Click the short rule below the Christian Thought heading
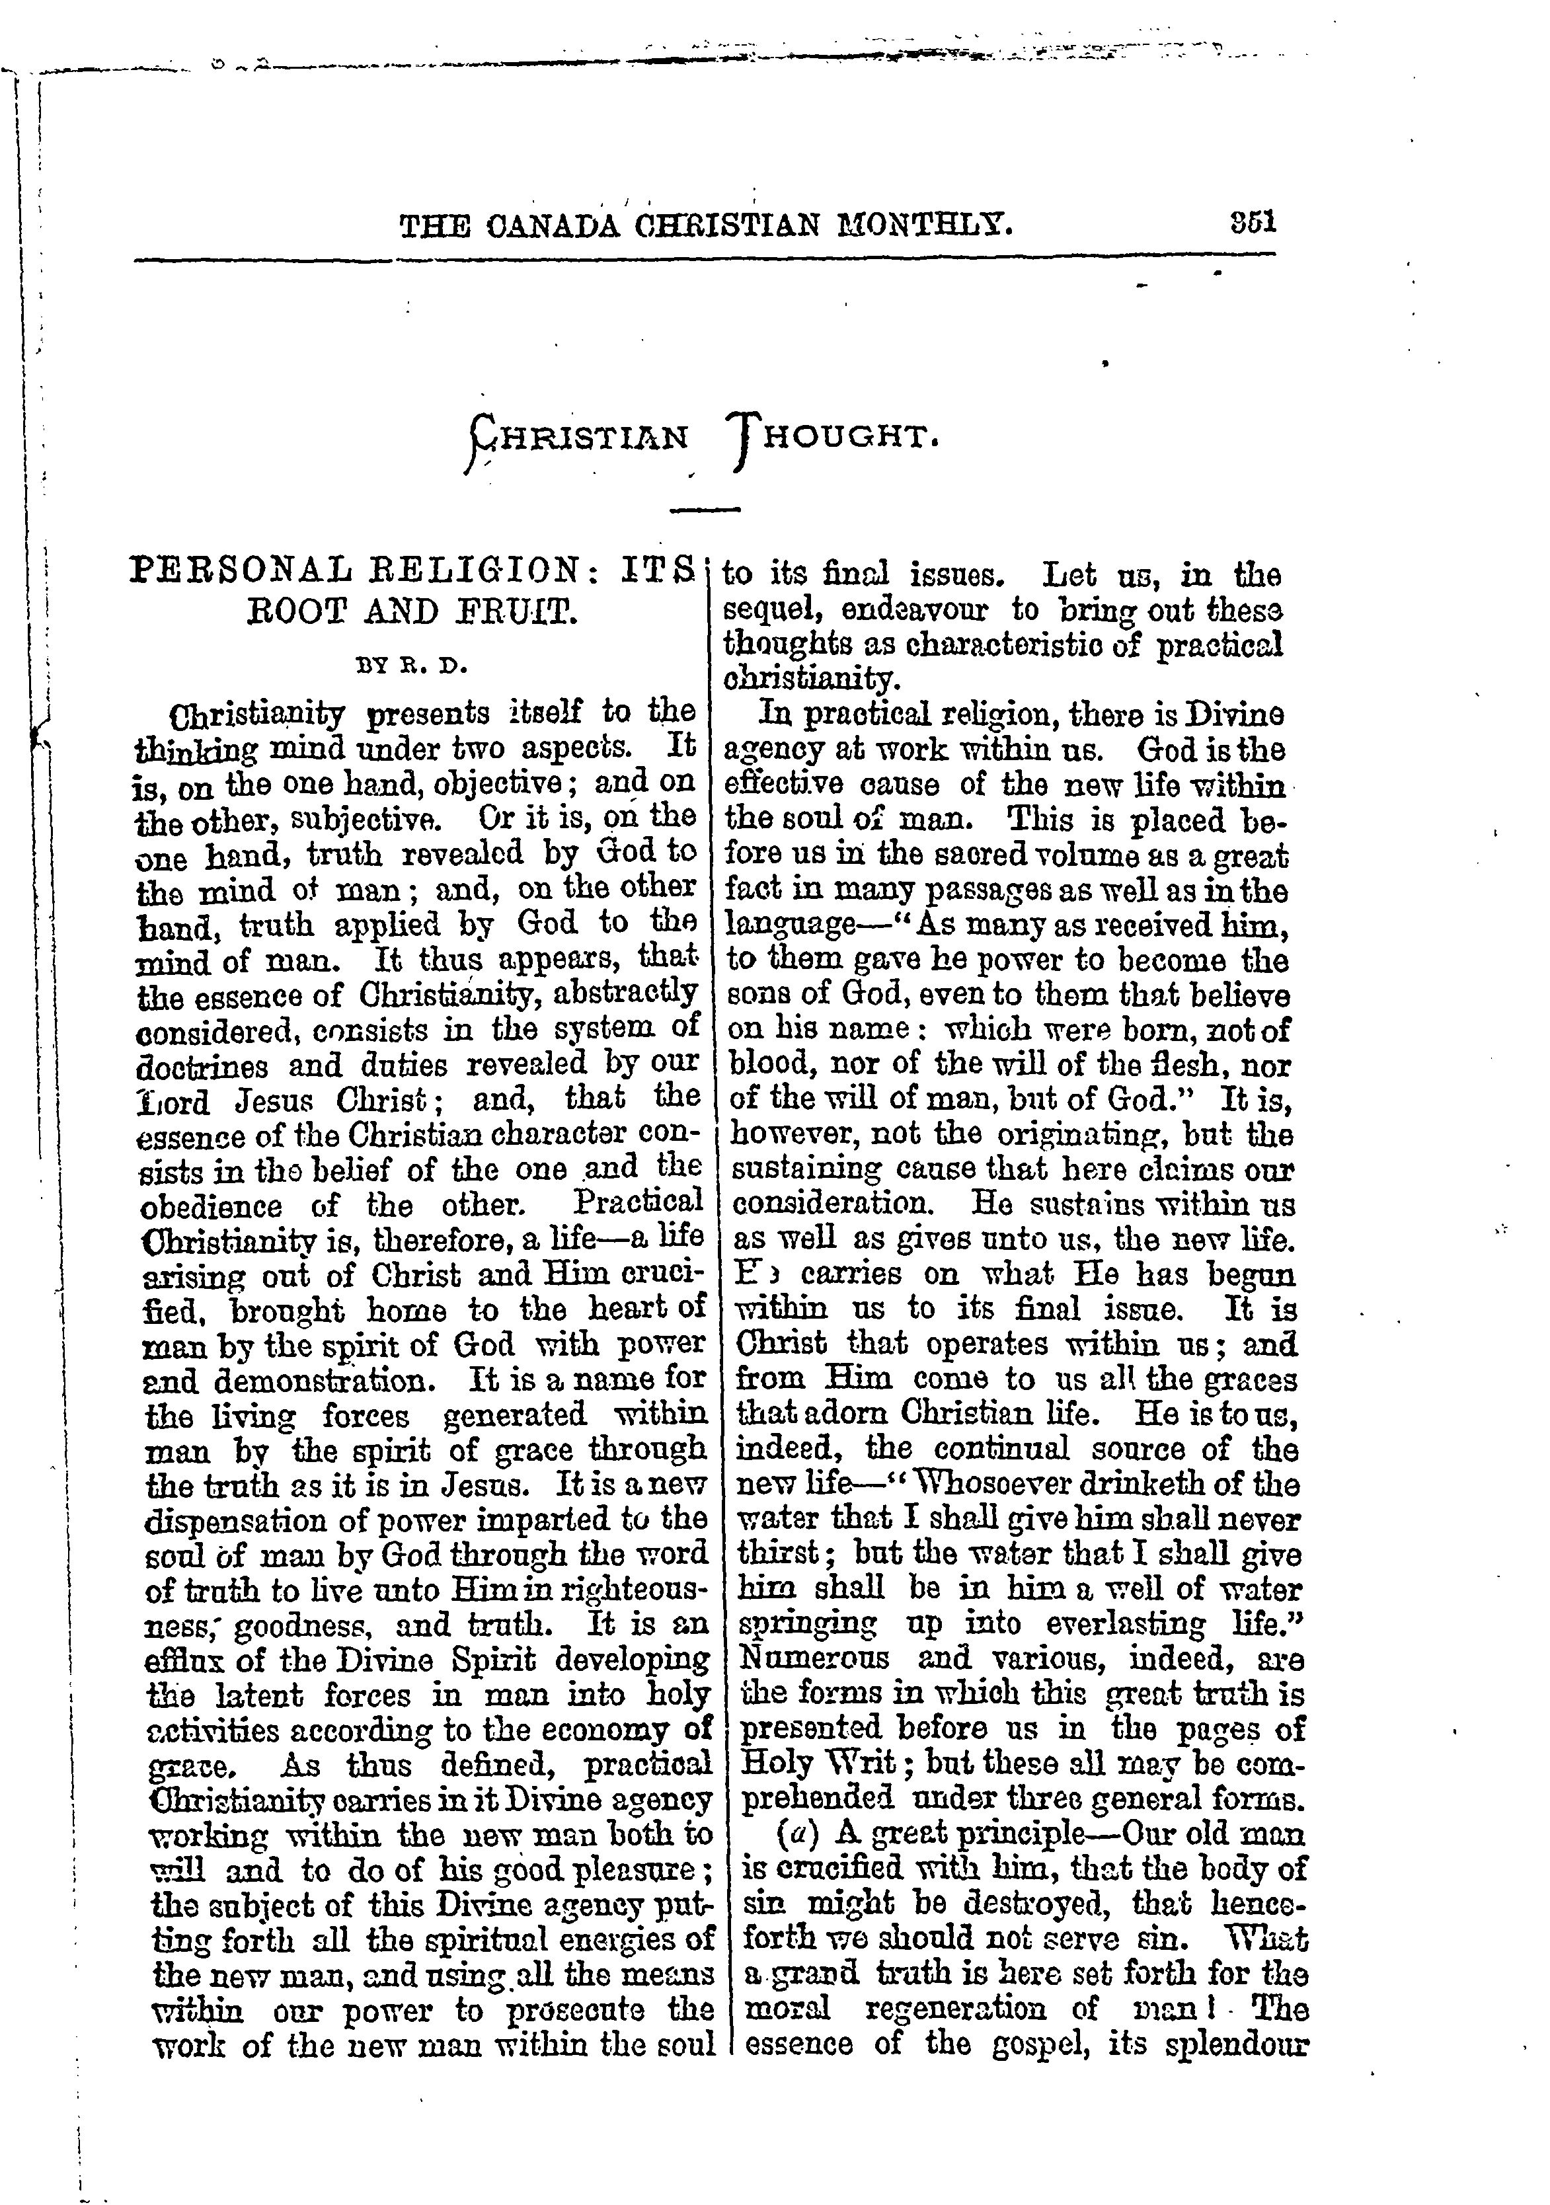[705, 509]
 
